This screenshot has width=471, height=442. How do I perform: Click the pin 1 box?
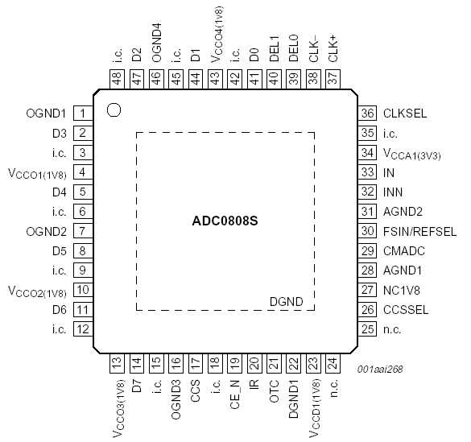[82, 114]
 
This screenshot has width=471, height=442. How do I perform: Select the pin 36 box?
[369, 114]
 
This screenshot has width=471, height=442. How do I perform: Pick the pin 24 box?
[333, 363]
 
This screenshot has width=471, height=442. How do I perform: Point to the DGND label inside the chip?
[287, 302]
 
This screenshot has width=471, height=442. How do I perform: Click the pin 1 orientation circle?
[114, 109]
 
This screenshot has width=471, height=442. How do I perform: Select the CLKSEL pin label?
[405, 114]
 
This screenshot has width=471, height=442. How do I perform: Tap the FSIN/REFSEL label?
[419, 231]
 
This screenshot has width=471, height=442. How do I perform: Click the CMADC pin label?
[403, 250]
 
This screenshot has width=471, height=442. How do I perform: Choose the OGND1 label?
[45, 114]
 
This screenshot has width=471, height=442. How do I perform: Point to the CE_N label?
[235, 394]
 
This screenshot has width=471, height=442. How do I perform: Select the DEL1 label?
[274, 47]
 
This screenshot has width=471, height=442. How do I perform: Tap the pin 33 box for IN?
[369, 172]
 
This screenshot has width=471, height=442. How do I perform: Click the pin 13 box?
[118, 363]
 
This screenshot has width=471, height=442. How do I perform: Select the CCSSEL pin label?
[406, 309]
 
